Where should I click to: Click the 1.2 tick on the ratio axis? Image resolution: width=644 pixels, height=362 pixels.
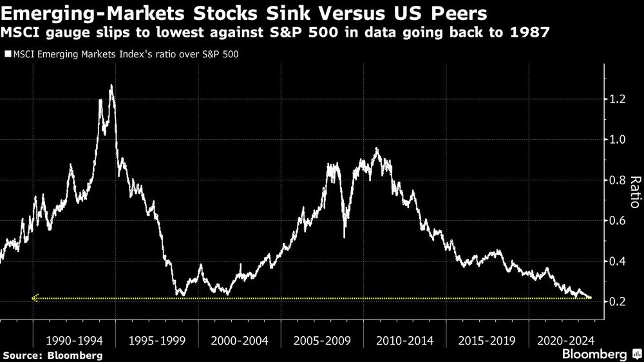tap(617, 99)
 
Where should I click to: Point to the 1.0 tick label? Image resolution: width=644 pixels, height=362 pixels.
tap(617, 140)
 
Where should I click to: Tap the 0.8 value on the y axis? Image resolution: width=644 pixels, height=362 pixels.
tap(617, 180)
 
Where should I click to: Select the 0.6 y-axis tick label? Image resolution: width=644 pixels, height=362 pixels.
tap(617, 221)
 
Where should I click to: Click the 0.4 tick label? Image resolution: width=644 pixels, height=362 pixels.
tap(617, 262)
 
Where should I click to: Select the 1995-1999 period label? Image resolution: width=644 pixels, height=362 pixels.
tap(156, 339)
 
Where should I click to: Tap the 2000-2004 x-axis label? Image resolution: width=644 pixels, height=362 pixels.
tap(239, 339)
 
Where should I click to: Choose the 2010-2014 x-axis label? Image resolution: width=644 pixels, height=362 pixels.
tap(404, 339)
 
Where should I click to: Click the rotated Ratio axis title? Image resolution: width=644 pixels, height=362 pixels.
tap(634, 192)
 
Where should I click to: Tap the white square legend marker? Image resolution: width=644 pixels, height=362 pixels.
tap(7, 55)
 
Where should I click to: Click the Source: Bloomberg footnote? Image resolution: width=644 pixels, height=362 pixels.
tap(52, 355)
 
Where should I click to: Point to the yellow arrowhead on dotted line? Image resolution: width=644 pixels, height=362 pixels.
tap(35, 298)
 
